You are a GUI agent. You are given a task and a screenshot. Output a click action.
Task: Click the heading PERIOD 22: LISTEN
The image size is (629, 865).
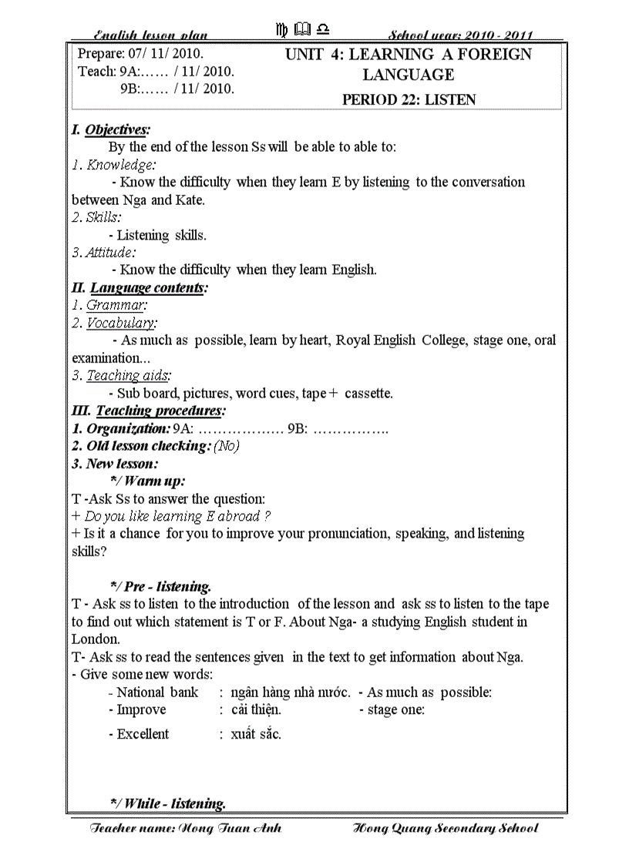pos(409,99)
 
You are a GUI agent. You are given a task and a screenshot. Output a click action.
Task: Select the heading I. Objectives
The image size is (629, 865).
pos(110,129)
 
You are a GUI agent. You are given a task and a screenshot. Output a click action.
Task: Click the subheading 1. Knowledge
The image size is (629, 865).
pos(113,165)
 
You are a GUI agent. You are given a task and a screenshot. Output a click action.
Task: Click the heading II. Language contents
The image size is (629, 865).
pos(140,288)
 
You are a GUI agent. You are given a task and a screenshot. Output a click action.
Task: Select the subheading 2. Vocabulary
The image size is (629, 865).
pos(114,324)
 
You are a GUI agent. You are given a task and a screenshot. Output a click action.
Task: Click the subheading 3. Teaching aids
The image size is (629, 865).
pos(121,376)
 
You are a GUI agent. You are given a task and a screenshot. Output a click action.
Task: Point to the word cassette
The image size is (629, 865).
pos(368,394)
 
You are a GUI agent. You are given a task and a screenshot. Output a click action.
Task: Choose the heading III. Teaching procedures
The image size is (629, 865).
pos(149,411)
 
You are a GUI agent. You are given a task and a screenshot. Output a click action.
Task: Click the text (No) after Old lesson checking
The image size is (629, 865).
pos(227,447)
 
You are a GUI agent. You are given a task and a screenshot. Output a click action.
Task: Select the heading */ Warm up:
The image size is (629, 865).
pos(147,481)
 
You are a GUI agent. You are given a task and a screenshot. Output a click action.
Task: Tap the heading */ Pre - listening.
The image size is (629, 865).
pos(160,587)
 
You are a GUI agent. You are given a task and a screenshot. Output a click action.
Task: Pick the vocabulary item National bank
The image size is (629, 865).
pos(157,692)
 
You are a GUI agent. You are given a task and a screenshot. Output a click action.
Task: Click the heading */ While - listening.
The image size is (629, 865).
pos(168,803)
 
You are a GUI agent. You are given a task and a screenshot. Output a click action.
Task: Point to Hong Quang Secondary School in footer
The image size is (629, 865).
pos(445,829)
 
